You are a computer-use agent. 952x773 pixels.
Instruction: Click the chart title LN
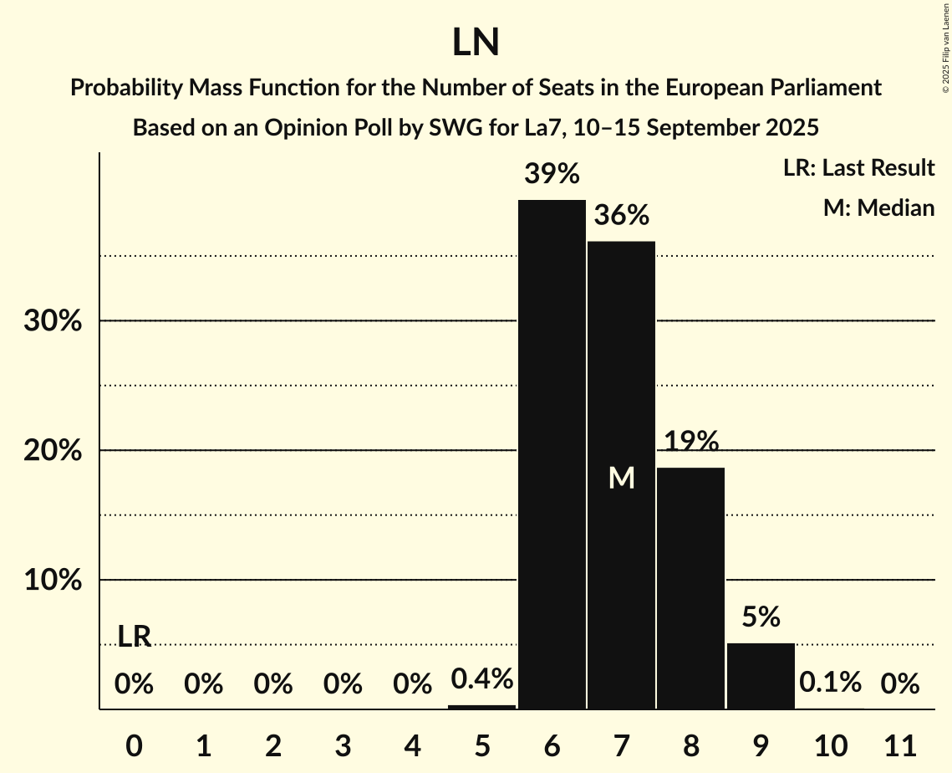[476, 43]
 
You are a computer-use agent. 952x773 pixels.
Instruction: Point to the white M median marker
[621, 478]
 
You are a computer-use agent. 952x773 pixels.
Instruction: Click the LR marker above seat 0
[134, 637]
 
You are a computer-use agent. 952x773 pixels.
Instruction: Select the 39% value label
[552, 175]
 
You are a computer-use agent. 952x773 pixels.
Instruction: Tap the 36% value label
[621, 216]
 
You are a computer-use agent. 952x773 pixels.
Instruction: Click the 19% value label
[690, 441]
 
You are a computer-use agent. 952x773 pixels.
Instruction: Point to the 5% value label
[760, 617]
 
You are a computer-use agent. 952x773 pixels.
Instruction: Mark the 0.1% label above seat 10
[829, 683]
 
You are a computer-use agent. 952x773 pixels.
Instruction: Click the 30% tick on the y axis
[52, 321]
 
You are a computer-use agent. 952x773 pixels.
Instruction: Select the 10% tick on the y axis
[52, 581]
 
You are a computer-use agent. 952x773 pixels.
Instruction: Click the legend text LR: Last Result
[858, 168]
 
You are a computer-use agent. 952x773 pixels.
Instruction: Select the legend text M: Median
[878, 207]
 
